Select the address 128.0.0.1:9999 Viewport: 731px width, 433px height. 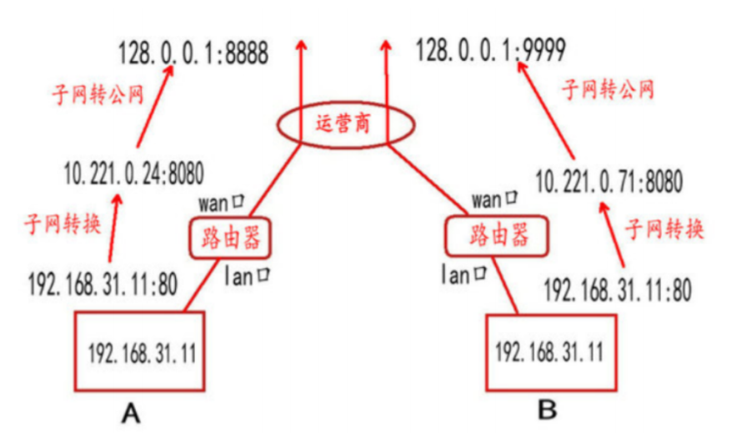[491, 53]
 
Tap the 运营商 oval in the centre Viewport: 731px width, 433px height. [344, 126]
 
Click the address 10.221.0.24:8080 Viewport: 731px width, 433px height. [133, 174]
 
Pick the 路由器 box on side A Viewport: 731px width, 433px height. [227, 238]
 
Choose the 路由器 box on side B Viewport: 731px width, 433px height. [498, 235]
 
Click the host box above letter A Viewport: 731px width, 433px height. [141, 351]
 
